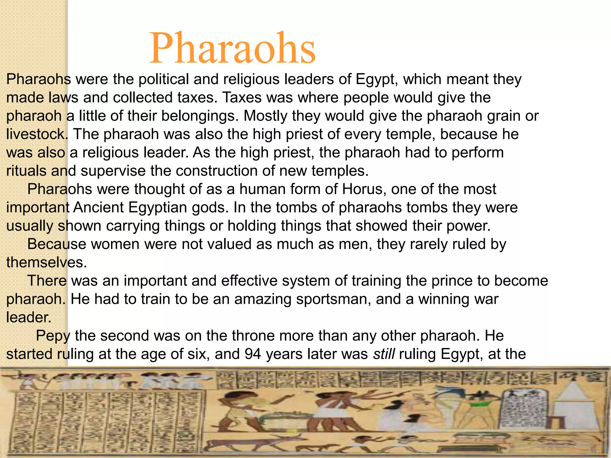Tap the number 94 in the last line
pyautogui.click(x=253, y=354)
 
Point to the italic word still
pyautogui.click(x=384, y=354)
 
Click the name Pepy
pyautogui.click(x=53, y=336)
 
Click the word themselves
pyautogui.click(x=46, y=263)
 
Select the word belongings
pyautogui.click(x=199, y=116)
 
